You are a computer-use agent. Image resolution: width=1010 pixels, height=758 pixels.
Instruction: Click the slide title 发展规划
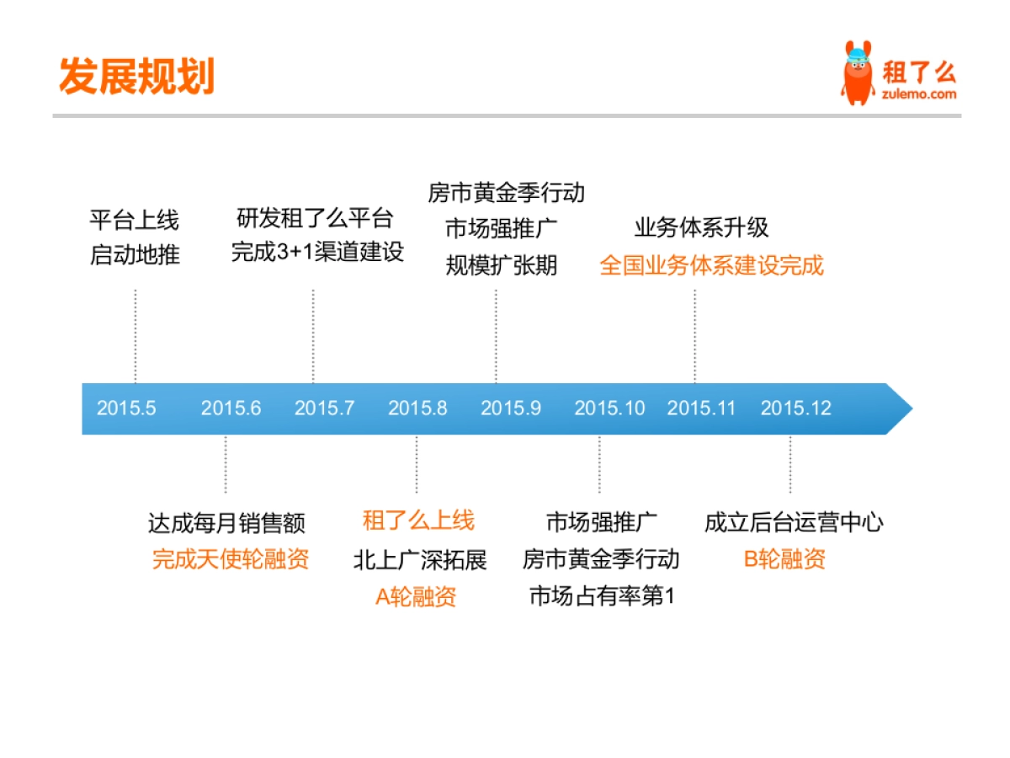[137, 76]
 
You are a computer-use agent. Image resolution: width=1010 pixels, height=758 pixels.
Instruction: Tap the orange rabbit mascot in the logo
[858, 73]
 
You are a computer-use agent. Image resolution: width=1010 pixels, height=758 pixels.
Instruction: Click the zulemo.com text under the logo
[919, 94]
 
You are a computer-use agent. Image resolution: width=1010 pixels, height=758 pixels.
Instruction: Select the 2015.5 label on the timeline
[126, 408]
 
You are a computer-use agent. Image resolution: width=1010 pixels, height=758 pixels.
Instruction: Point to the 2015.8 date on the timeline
[417, 408]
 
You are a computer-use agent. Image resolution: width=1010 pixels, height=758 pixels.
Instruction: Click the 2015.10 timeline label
[609, 408]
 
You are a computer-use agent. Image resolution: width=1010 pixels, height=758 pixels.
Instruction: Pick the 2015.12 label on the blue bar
[795, 408]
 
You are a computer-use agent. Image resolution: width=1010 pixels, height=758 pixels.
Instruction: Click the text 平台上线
[135, 221]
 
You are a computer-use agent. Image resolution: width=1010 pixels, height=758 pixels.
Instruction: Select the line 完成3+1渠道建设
[317, 252]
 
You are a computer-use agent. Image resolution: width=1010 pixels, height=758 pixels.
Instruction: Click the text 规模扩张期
[502, 265]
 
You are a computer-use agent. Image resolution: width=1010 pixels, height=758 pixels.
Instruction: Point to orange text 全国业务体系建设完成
[711, 265]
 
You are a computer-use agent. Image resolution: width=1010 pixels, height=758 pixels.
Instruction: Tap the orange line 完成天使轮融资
[231, 558]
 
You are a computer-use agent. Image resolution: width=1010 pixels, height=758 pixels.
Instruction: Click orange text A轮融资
[416, 597]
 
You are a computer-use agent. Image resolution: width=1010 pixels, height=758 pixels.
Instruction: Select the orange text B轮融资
[784, 558]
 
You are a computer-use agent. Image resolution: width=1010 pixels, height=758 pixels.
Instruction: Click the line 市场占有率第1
[602, 597]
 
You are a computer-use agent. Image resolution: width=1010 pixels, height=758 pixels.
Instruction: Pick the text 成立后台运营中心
[794, 522]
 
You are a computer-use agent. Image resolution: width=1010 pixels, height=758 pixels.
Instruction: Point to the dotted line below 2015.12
[789, 464]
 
